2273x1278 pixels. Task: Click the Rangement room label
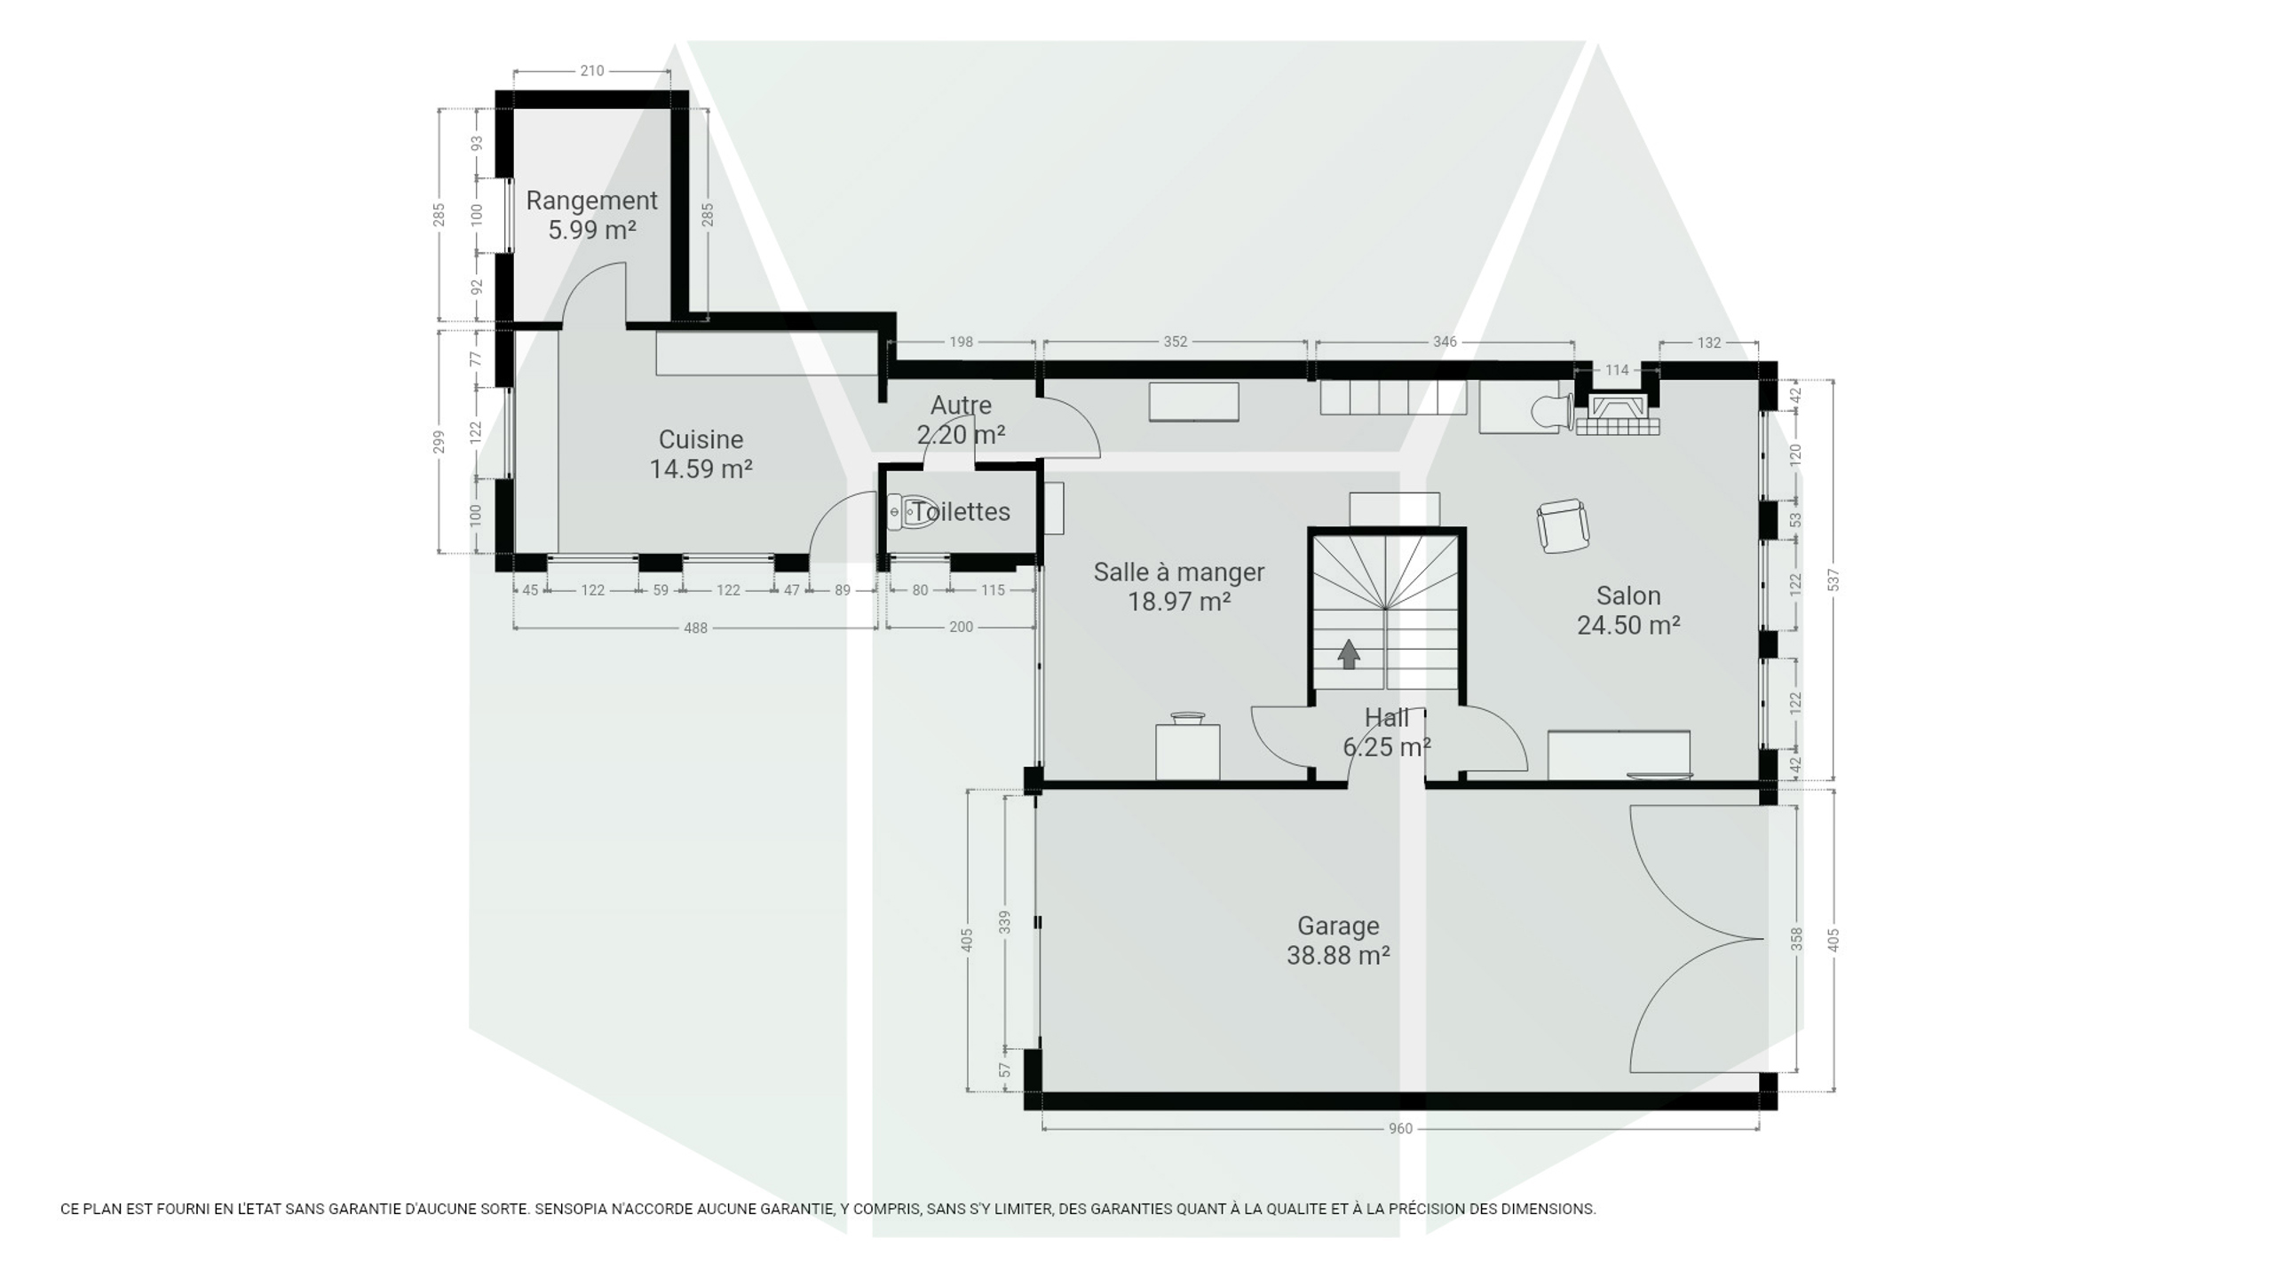tap(591, 201)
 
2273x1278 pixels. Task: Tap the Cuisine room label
tap(701, 439)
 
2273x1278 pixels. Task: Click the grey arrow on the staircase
tap(1349, 654)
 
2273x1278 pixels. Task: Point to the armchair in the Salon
tap(1563, 525)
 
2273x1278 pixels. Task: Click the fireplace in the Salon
tap(1618, 414)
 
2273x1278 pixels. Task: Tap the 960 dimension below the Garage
tap(1400, 1129)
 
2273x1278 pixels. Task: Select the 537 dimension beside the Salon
tap(1834, 580)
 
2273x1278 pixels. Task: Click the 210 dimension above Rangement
tap(592, 71)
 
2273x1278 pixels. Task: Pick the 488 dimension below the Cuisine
tap(695, 628)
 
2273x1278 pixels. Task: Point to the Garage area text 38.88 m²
tap(1338, 956)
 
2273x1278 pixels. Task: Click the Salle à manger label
tap(1179, 572)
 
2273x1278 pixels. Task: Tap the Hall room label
tap(1387, 717)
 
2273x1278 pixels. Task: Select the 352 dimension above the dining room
tap(1175, 342)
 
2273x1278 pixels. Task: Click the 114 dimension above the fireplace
tap(1617, 370)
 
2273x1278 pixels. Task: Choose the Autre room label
tap(961, 406)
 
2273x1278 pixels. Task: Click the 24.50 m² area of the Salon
tap(1628, 626)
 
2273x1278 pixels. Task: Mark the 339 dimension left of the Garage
tap(1005, 922)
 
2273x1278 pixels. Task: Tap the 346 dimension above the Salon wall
tap(1445, 342)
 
